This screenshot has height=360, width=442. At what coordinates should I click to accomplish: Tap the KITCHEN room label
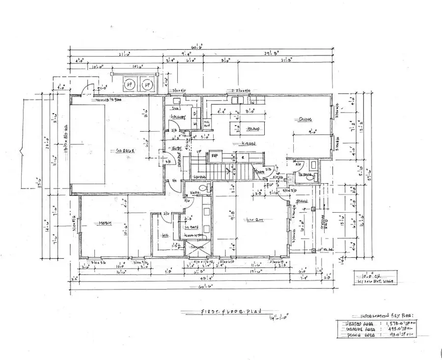[248, 144]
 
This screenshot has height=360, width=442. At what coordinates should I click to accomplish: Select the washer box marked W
[195, 124]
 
